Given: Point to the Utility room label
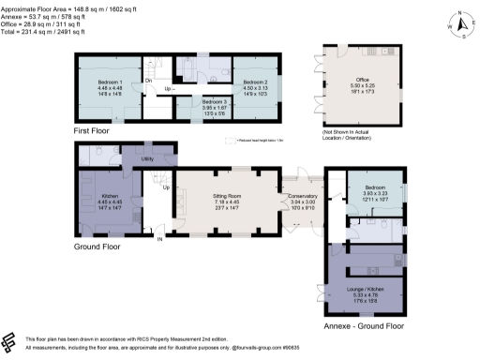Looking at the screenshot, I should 147,160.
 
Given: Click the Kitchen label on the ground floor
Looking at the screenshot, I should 110,196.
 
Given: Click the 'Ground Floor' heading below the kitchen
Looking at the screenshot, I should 98,247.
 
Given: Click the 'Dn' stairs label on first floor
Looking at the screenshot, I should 148,81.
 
